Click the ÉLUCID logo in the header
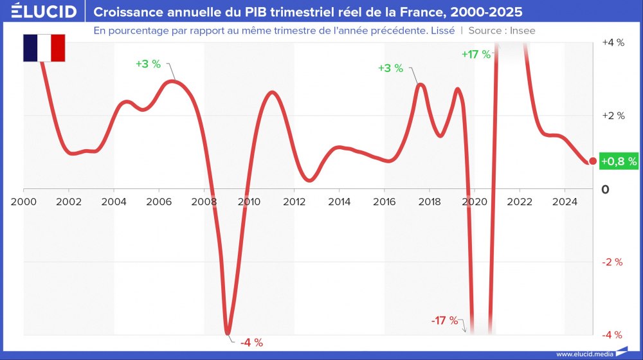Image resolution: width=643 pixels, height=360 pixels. [x=44, y=12]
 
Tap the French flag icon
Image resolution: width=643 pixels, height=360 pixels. [x=44, y=48]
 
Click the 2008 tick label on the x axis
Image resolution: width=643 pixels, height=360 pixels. [x=204, y=201]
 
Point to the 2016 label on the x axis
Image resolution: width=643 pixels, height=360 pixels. [x=384, y=201]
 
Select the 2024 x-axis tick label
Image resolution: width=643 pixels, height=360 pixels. [x=564, y=201]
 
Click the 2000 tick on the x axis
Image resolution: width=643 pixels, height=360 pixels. [x=24, y=201]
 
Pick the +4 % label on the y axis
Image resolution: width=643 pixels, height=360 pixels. [x=612, y=42]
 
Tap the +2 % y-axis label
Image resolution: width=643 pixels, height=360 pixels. [x=612, y=116]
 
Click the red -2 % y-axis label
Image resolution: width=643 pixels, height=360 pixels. [x=612, y=262]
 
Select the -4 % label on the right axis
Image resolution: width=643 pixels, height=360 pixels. [x=612, y=334]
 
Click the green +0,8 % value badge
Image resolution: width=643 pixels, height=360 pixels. [x=618, y=161]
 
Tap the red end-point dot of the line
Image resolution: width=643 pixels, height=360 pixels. [x=593, y=161]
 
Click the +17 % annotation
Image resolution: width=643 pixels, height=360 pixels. [x=476, y=55]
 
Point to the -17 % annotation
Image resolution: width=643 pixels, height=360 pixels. [x=445, y=320]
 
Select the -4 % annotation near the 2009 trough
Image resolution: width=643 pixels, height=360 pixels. [x=251, y=343]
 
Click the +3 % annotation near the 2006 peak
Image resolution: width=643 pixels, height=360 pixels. [x=148, y=64]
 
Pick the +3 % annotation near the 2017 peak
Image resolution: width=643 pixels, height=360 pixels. [x=390, y=68]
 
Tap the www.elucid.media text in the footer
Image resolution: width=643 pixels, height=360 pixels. [x=583, y=354]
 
